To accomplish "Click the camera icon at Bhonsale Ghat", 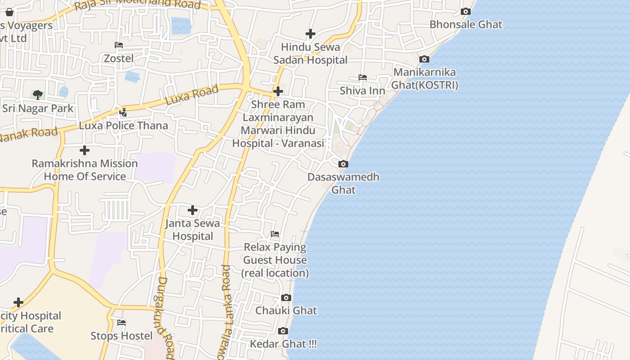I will [x=466, y=12].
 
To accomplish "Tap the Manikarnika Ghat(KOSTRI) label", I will [x=424, y=79].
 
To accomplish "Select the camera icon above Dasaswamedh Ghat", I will [x=343, y=164].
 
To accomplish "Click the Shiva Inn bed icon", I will [x=363, y=77].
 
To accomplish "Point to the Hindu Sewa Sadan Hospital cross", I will [x=310, y=34].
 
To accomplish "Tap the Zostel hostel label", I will [x=119, y=58].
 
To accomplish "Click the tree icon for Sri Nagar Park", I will [x=38, y=94].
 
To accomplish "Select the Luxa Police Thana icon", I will [x=123, y=112].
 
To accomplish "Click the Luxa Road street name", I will [x=192, y=95].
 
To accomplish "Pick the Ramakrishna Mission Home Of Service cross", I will [x=84, y=150].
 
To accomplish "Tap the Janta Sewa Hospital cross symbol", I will [x=193, y=210].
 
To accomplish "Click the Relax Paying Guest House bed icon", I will [x=275, y=234].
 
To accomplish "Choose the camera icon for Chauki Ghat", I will [x=286, y=298].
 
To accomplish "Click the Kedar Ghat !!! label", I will [x=283, y=344].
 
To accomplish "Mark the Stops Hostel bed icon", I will [x=121, y=323].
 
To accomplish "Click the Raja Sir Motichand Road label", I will [x=137, y=4].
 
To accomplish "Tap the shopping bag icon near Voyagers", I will [x=9, y=12].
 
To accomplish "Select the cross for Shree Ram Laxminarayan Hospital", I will [x=278, y=91].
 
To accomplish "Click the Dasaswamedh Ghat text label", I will [x=343, y=183].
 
